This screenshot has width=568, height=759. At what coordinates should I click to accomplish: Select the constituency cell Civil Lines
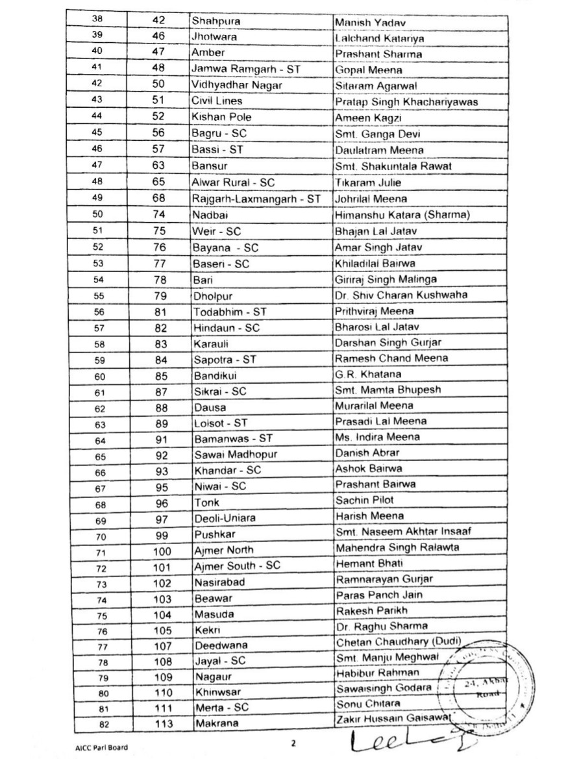217,101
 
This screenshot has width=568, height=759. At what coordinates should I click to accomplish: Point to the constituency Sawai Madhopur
235,454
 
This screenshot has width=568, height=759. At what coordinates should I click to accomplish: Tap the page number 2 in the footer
293,742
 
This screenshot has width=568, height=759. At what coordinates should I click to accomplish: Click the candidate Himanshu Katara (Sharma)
401,214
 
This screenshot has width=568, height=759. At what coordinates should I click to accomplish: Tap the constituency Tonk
206,503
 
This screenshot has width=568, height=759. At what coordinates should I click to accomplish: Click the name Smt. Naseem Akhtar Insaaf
403,532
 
